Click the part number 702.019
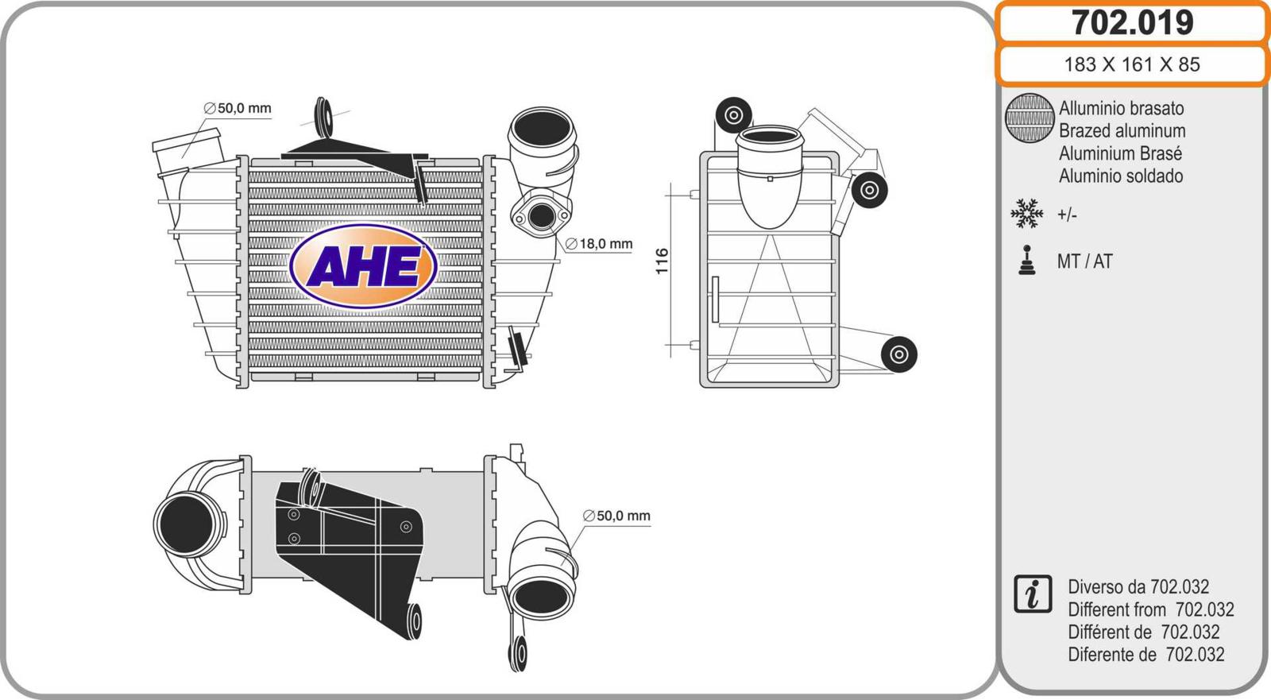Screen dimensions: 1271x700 1133,22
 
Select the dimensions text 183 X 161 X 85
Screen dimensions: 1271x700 1132,64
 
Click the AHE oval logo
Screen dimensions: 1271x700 363,266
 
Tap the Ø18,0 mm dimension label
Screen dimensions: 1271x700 599,244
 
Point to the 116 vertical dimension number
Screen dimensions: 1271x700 662,261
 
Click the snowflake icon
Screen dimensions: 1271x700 1026,214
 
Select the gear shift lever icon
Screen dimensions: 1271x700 1026,260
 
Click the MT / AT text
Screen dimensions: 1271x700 1084,261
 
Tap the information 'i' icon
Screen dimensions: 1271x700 1033,594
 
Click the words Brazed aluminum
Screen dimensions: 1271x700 1122,130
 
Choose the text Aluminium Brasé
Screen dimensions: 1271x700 1120,153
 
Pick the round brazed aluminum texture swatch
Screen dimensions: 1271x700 1030,118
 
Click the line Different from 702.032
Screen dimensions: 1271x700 1151,609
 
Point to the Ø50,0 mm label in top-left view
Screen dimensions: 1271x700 238,108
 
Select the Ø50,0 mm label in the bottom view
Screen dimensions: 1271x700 616,516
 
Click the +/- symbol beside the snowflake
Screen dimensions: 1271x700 1067,215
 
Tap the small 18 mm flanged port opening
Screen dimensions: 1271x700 542,216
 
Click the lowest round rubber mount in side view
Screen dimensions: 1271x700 898,354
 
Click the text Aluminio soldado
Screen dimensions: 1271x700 1121,176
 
